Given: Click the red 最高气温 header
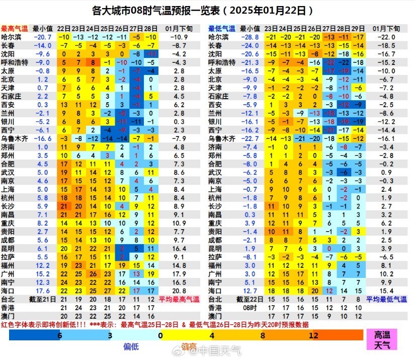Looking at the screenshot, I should (15, 29).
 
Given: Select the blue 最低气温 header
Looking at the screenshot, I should (222, 29).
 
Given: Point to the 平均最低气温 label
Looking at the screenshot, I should (387, 300).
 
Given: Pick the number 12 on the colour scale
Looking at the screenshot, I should (314, 335).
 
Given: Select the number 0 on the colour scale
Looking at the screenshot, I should (160, 335).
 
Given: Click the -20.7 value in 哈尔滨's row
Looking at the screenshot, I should (43, 37).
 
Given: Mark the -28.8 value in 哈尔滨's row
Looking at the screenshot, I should (250, 37).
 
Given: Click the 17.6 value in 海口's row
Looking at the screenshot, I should (43, 291).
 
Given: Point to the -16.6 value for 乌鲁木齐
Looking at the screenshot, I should (43, 138).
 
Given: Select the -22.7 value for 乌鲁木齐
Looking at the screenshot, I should (250, 138).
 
